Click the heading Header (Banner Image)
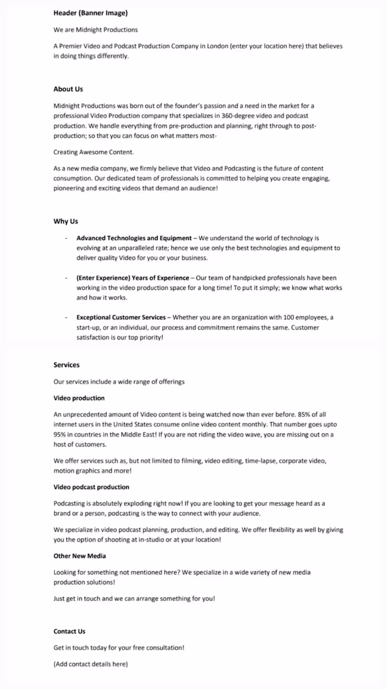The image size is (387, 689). coord(90,13)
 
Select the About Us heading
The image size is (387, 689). coord(68,89)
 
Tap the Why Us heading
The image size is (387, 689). coord(66,221)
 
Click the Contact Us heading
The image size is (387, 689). coord(69,631)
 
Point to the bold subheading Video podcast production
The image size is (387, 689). coord(91,487)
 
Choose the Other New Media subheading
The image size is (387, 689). coord(80,556)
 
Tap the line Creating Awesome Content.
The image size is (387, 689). coord(94,152)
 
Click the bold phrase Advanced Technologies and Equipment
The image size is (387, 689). coord(134,238)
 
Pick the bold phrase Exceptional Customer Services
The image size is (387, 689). coord(121,318)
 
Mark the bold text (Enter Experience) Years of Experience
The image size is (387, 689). coord(133,278)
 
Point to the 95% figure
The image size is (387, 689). coord(60,434)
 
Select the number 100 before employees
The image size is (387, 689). coord(284,318)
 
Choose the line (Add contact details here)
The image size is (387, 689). coord(90,664)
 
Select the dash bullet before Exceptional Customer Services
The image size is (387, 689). coord(66,318)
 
